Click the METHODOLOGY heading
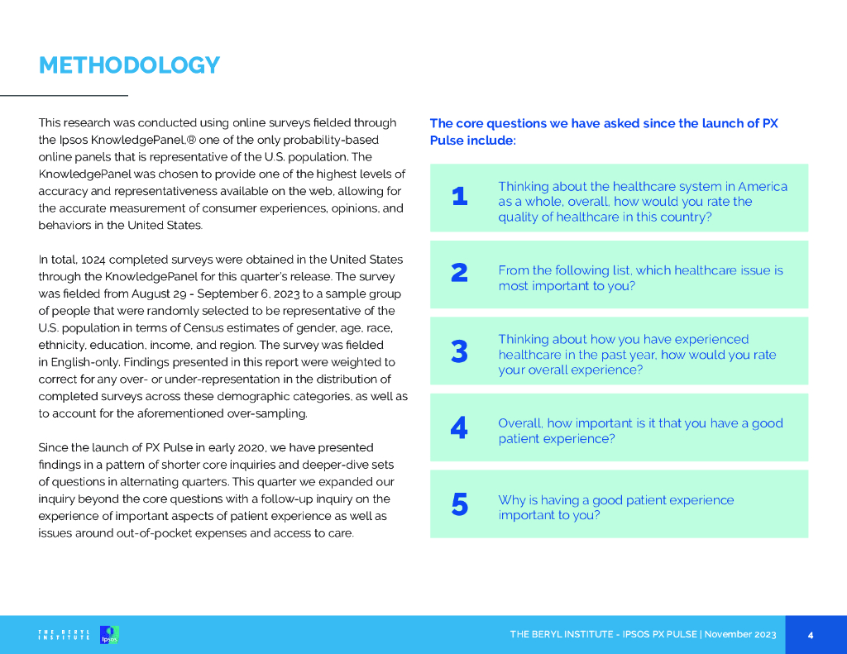coord(129,65)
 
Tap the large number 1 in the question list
coord(460,197)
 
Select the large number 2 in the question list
coord(460,273)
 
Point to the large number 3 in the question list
coord(460,352)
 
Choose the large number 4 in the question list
coord(459,428)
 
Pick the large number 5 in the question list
coord(460,504)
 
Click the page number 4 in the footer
coord(811,635)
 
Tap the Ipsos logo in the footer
coord(109,635)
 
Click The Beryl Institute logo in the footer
coord(65,635)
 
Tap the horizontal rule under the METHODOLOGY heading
coord(64,97)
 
